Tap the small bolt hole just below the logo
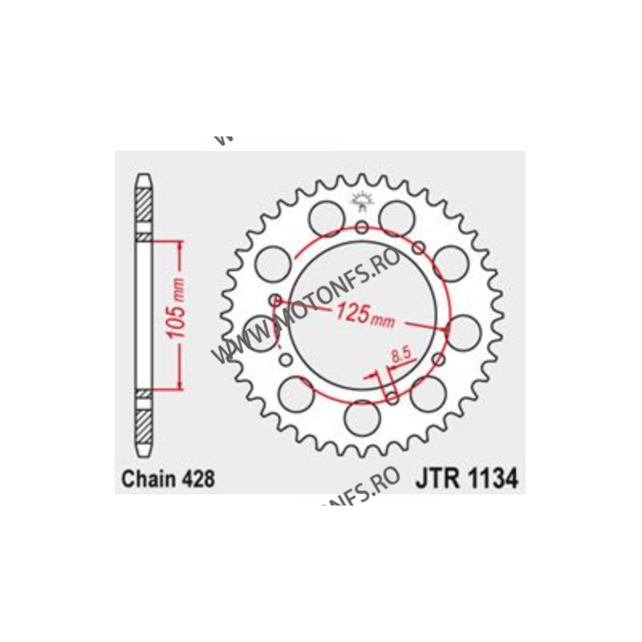coord(362,228)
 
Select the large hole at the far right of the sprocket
coord(463,328)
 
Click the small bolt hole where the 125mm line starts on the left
coord(277,300)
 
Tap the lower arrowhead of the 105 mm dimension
coord(179,385)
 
